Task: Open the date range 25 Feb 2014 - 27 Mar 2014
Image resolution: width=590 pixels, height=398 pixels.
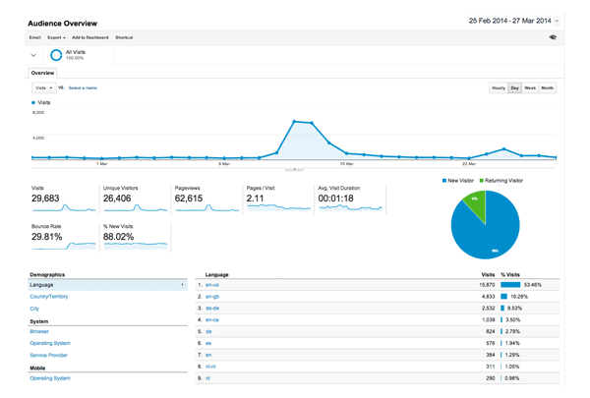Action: click(x=499, y=20)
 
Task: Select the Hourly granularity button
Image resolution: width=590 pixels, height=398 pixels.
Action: click(x=498, y=87)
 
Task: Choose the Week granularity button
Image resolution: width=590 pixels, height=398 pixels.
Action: click(x=530, y=87)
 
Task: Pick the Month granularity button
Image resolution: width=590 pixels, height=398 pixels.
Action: click(x=547, y=87)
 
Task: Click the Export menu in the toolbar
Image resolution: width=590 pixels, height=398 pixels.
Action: click(x=56, y=37)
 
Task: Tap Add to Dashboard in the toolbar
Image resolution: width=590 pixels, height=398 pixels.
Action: click(x=89, y=37)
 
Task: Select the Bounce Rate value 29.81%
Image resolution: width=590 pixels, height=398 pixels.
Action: click(x=49, y=237)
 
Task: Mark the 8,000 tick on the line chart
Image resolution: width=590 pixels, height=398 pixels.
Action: click(x=38, y=112)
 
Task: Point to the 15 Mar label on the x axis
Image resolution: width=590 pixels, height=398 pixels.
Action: click(x=346, y=164)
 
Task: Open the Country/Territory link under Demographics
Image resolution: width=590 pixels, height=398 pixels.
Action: click(x=49, y=296)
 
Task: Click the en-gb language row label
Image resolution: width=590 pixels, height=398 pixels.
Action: click(x=212, y=296)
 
